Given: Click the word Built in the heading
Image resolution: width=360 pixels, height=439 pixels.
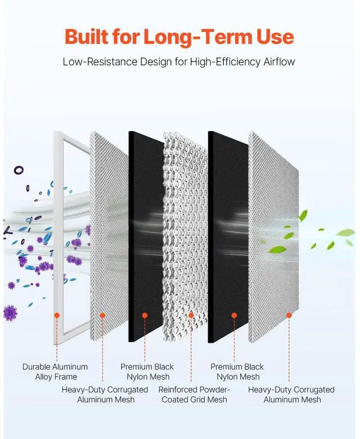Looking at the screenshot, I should tap(85, 37).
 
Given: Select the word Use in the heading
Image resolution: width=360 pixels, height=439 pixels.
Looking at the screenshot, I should tap(273, 37).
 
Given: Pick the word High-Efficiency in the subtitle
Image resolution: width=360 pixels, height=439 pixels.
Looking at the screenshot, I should tap(218, 61).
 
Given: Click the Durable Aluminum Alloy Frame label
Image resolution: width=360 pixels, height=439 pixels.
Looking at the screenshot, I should tap(55, 372).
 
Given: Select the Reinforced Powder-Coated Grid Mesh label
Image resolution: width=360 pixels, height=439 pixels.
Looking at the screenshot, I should tap(194, 394).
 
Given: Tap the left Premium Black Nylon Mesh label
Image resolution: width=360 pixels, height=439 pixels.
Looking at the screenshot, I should tap(147, 372).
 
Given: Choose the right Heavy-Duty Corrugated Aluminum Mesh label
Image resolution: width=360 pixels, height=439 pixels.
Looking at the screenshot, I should tap(291, 394).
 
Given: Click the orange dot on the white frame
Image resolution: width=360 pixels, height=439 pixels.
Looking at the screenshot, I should tap(56, 315).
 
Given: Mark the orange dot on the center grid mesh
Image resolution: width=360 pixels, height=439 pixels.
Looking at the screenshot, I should tap(191, 315).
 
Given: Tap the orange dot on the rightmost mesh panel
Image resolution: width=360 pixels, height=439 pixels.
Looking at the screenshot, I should tap(289, 315).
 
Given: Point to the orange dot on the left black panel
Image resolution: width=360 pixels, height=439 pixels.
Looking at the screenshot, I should tap(145, 315).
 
